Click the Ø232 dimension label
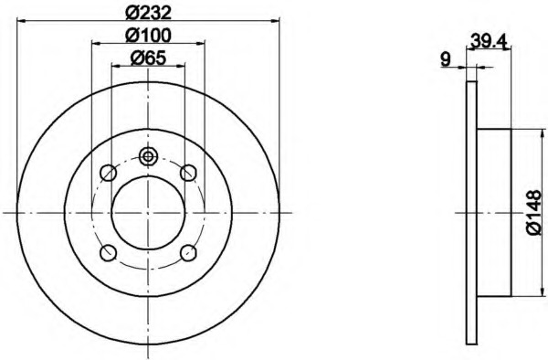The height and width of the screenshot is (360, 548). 149,14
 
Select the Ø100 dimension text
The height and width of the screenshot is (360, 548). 149,36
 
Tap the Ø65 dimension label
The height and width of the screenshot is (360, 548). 148,58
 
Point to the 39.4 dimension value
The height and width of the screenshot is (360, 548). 489,40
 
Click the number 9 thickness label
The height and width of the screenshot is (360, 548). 446,58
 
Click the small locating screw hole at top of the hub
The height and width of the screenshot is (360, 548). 148,156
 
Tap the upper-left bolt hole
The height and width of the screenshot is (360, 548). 108,173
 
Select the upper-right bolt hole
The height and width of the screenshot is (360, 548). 188,173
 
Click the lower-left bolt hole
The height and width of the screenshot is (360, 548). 108,253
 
